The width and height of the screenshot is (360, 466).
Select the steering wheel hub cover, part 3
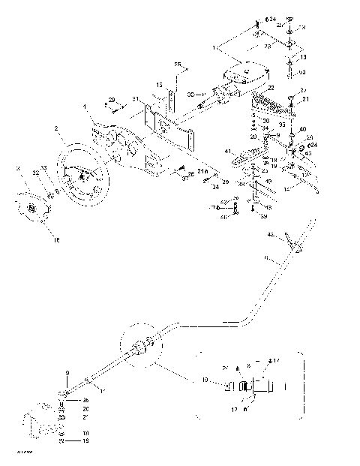point(31,206)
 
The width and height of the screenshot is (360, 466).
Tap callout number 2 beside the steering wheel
point(55,129)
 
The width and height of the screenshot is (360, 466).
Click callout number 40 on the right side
point(302,129)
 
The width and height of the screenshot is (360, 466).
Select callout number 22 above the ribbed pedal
point(272,88)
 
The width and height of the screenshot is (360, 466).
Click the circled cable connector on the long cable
point(142,347)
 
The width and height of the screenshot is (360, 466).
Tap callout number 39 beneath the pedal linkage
point(264,216)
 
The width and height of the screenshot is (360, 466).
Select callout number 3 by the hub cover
point(18,170)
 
